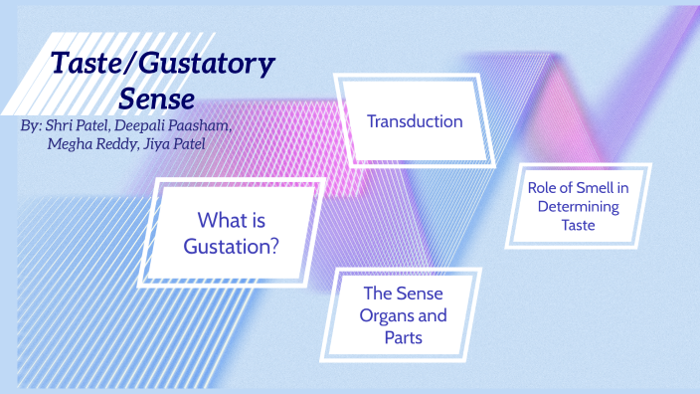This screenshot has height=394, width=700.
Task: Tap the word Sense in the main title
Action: (156, 99)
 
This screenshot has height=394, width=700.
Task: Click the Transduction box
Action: (414, 121)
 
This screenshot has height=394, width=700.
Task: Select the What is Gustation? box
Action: (237, 232)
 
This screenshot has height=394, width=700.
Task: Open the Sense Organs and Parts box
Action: (404, 315)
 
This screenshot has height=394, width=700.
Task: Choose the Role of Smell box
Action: (578, 206)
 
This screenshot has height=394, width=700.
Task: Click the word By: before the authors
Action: (31, 128)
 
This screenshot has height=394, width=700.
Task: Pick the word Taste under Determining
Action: (578, 226)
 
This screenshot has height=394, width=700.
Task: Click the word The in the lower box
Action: (378, 294)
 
